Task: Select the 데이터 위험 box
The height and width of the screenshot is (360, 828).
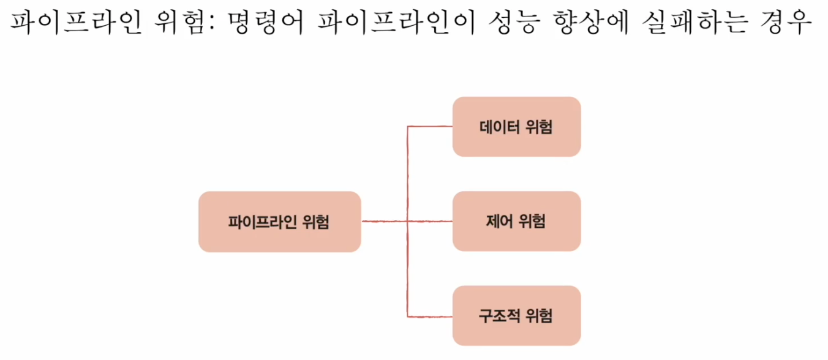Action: click(516, 127)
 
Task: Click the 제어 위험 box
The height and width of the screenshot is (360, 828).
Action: click(516, 221)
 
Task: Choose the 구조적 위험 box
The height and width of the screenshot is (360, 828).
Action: click(516, 315)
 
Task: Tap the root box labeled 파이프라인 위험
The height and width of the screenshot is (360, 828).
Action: click(279, 222)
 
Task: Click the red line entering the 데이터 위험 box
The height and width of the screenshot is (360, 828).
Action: click(430, 127)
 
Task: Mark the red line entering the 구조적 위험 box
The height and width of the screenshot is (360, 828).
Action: click(430, 316)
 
